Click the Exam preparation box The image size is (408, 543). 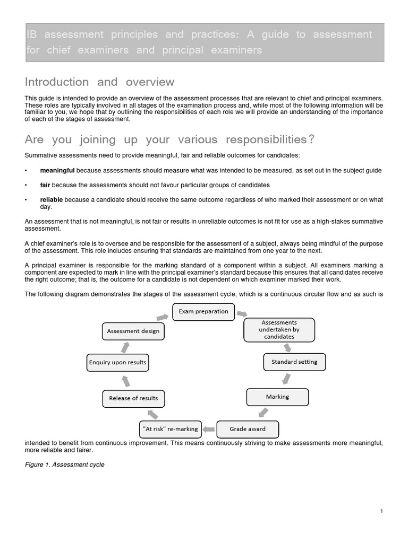203,312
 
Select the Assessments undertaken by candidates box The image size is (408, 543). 279,329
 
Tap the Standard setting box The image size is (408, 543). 294,362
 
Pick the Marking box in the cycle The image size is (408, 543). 277,397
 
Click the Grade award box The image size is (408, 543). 247,429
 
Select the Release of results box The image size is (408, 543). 133,398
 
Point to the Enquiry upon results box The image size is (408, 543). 117,363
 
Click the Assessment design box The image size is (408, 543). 133,331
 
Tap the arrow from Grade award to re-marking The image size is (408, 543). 209,429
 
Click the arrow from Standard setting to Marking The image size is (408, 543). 286,379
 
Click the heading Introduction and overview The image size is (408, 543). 99,82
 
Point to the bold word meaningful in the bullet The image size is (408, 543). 57,170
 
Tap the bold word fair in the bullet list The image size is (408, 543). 45,185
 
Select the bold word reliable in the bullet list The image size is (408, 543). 52,199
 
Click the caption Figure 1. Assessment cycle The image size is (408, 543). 64,465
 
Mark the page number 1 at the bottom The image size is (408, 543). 381,511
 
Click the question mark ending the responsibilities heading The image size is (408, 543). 311,140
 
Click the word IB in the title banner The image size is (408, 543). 32,34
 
